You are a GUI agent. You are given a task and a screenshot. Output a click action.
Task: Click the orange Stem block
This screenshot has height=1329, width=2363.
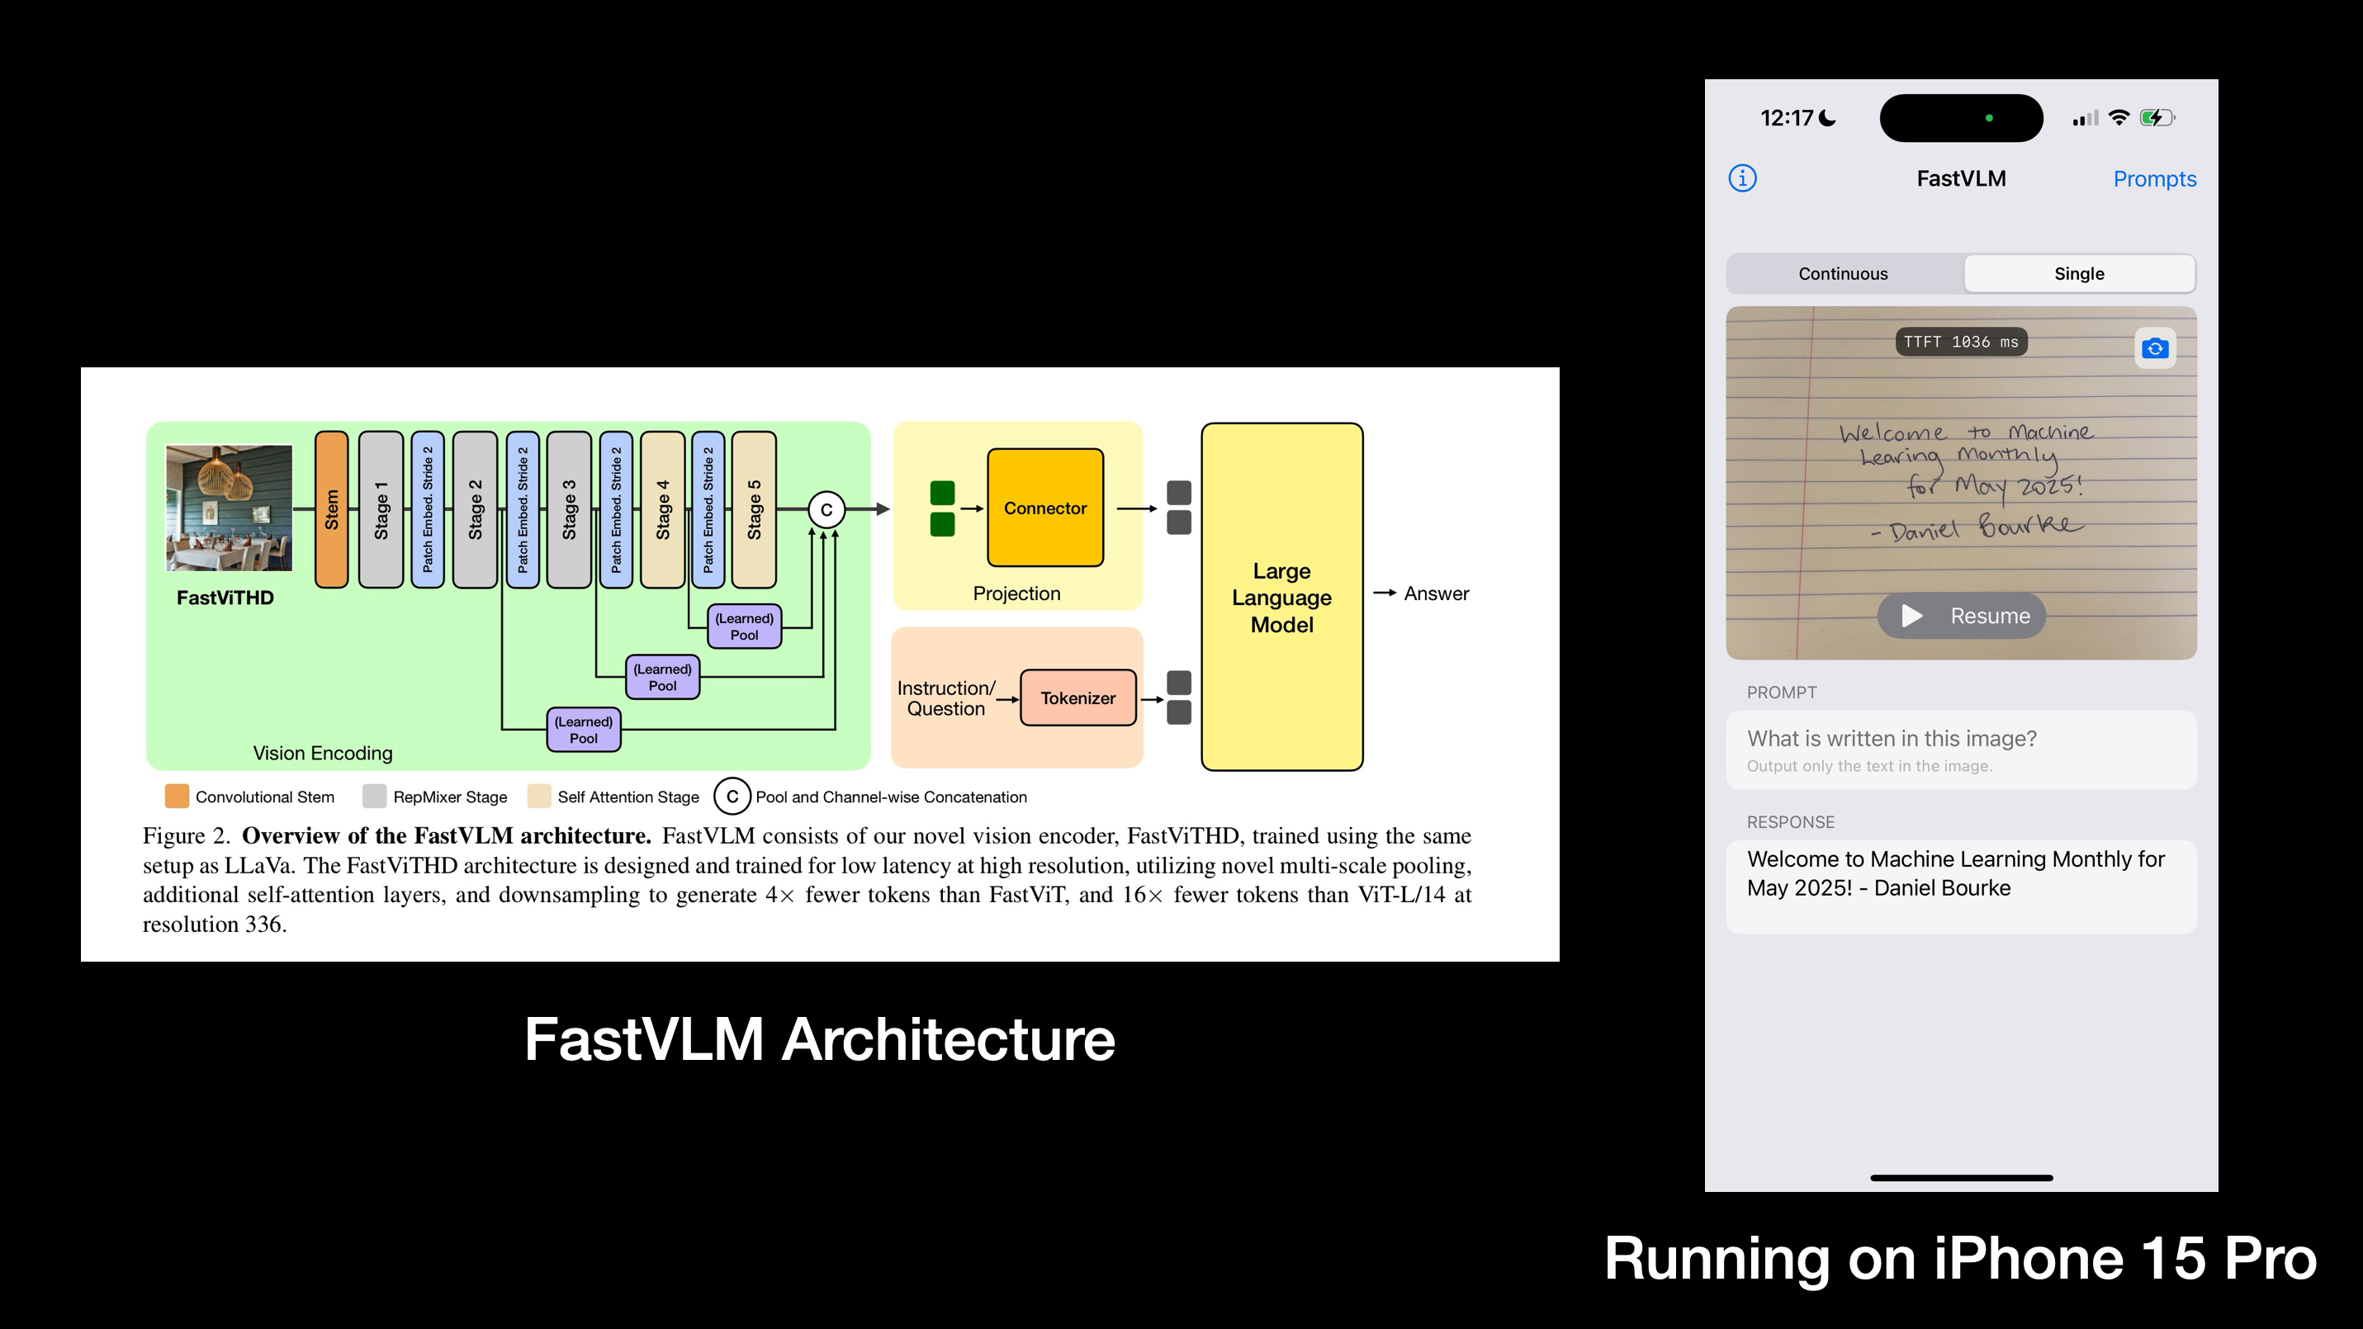pos(331,509)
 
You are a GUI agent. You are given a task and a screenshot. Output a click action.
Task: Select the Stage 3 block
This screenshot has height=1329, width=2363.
pos(569,509)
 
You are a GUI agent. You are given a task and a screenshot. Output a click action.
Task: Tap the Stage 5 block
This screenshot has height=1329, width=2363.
pos(754,509)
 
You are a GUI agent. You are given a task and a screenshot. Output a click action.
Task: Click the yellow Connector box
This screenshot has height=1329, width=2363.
pos(1044,508)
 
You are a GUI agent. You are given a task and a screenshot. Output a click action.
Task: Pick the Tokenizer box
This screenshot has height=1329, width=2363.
pos(1077,698)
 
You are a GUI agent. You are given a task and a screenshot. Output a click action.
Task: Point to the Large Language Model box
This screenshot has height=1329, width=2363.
pos(1281,597)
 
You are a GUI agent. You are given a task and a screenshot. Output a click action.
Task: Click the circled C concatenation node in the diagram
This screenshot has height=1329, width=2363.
pos(826,510)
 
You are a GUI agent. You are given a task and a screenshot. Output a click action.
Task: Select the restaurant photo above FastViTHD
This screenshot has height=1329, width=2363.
pos(229,508)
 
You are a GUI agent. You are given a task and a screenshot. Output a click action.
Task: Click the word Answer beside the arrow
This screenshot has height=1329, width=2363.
pos(1436,594)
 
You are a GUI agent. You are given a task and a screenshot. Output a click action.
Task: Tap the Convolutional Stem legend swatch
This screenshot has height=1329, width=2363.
pos(177,796)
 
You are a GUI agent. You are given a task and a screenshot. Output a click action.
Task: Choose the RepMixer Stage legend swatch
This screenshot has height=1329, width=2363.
pos(374,796)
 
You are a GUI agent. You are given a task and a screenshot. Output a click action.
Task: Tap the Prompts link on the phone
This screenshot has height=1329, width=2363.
pos(2154,179)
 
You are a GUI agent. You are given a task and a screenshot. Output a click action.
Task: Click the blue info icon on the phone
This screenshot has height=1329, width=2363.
pos(1742,178)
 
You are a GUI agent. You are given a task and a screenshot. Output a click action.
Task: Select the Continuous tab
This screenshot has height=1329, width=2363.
pos(1843,273)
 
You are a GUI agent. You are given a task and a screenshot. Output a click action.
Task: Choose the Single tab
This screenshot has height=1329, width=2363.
pos(2079,273)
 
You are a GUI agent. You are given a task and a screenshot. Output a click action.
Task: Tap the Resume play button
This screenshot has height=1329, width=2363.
pos(1961,616)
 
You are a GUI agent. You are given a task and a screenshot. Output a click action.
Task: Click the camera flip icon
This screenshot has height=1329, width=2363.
pos(2155,348)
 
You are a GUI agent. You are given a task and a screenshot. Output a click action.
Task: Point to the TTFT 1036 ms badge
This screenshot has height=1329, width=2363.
pos(1960,342)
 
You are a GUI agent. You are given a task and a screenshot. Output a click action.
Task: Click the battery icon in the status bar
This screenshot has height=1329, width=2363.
pos(2156,117)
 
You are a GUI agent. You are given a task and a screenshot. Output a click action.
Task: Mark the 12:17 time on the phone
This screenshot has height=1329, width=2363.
pos(1786,117)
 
